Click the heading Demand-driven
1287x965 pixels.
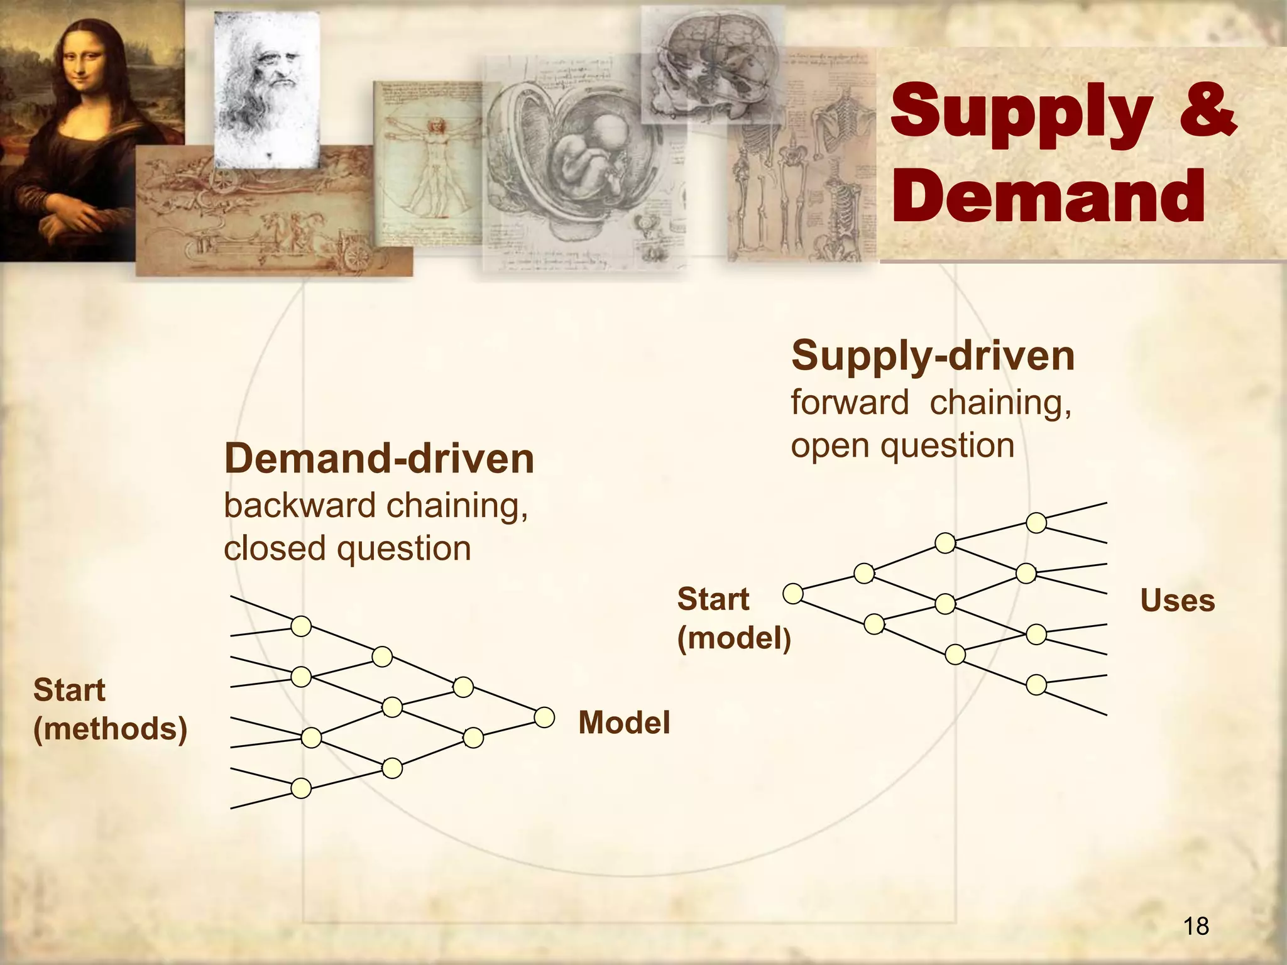(x=379, y=459)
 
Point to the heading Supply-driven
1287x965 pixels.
(x=933, y=356)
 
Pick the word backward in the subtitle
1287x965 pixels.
(x=300, y=506)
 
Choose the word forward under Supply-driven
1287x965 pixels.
(x=850, y=402)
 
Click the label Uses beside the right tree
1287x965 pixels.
(x=1177, y=601)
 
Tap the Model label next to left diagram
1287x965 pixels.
(x=624, y=722)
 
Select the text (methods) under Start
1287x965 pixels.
(x=111, y=729)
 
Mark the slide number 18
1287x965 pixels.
(x=1196, y=926)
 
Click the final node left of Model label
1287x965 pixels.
(x=544, y=717)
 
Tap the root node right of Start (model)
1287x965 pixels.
(x=793, y=593)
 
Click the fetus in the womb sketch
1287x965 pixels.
(x=588, y=157)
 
